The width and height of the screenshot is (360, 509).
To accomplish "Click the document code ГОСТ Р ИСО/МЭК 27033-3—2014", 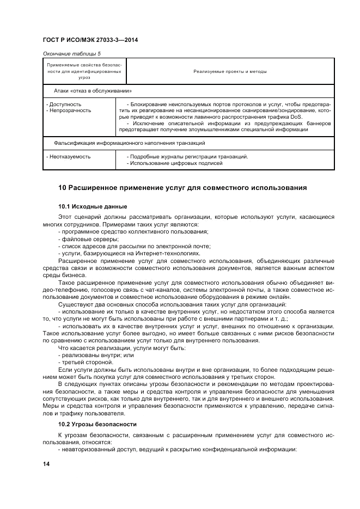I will [x=90, y=40].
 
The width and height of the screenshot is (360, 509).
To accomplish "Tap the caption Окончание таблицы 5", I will [x=71, y=53].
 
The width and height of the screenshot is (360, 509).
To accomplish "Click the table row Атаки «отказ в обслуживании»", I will [x=93, y=91].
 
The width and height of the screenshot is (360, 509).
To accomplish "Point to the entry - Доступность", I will [x=64, y=104].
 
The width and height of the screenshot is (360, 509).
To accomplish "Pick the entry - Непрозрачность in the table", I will [x=69, y=110].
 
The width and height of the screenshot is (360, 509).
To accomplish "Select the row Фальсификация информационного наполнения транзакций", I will [x=129, y=143].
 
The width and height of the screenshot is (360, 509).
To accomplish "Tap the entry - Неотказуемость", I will [x=69, y=157].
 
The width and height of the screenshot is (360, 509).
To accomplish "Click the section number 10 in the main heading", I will [x=62, y=188].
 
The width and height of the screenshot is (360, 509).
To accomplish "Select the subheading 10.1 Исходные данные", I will [x=93, y=206].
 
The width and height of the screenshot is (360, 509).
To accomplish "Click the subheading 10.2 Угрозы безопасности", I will [x=97, y=424].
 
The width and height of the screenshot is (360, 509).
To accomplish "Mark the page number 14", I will [x=46, y=463].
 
